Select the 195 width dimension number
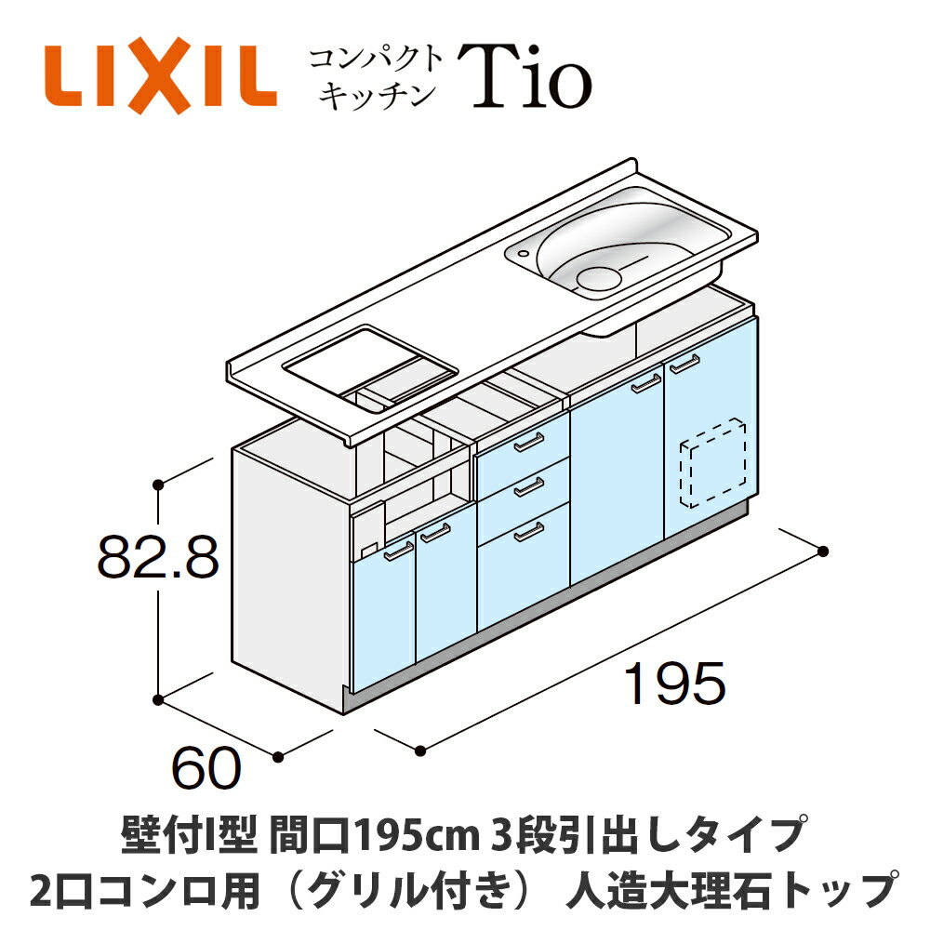(x=674, y=686)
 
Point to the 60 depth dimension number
(x=207, y=769)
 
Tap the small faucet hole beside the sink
(x=525, y=250)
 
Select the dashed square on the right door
(x=713, y=462)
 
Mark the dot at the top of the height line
(x=159, y=484)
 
